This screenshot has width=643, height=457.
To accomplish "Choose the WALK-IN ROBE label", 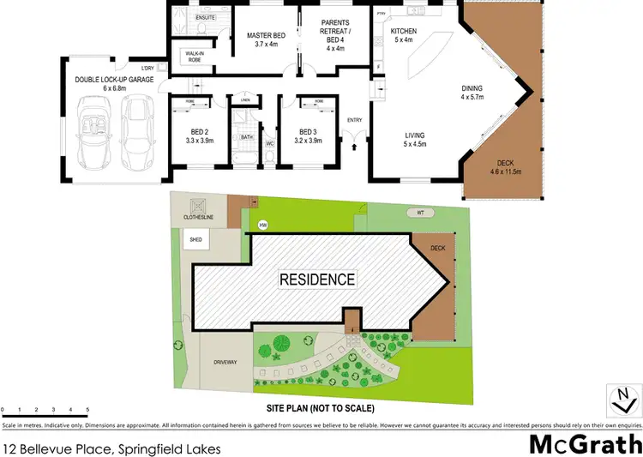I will click(x=194, y=57).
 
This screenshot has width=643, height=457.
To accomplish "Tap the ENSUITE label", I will click(x=206, y=17).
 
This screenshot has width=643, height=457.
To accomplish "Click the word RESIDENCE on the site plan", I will click(x=316, y=280).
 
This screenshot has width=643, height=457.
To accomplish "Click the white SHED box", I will click(x=191, y=241).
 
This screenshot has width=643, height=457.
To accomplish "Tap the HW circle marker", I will click(x=263, y=226).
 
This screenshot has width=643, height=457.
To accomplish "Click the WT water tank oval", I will click(x=422, y=213).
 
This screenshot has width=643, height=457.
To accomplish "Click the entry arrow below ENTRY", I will click(x=354, y=147).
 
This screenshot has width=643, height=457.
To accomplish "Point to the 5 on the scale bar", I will click(x=87, y=411).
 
